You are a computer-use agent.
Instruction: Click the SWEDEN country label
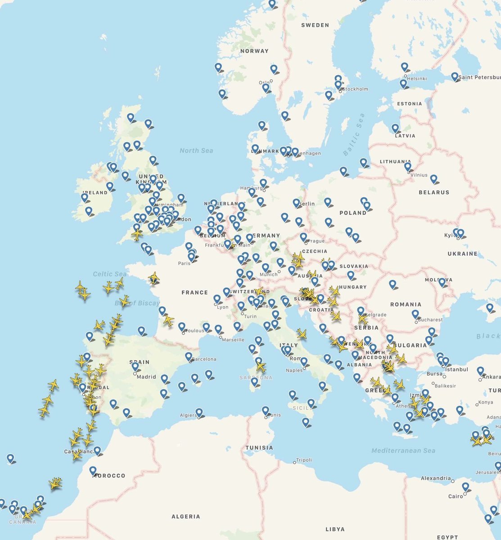tap(315, 25)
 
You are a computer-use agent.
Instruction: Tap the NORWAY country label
tap(254, 51)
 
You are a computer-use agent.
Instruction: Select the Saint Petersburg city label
tap(479, 78)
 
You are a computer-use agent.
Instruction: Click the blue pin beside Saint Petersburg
tap(455, 76)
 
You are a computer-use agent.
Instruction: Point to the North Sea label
tap(196, 150)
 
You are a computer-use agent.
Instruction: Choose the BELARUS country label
tap(434, 192)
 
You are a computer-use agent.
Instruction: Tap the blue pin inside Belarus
tap(433, 179)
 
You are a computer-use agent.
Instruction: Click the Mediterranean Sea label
tap(403, 450)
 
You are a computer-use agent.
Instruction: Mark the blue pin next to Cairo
tap(465, 486)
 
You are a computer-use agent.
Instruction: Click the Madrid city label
tap(146, 377)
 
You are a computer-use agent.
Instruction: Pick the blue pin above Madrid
tap(135, 366)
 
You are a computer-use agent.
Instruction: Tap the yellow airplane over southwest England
tap(137, 234)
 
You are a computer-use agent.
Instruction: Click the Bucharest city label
tap(430, 320)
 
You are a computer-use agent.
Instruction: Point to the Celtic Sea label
tap(109, 274)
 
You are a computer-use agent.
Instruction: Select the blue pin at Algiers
tap(199, 411)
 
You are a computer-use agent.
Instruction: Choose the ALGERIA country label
tap(186, 517)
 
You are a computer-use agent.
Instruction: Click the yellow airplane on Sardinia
tap(261, 366)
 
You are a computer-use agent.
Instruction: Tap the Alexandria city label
tap(436, 478)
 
